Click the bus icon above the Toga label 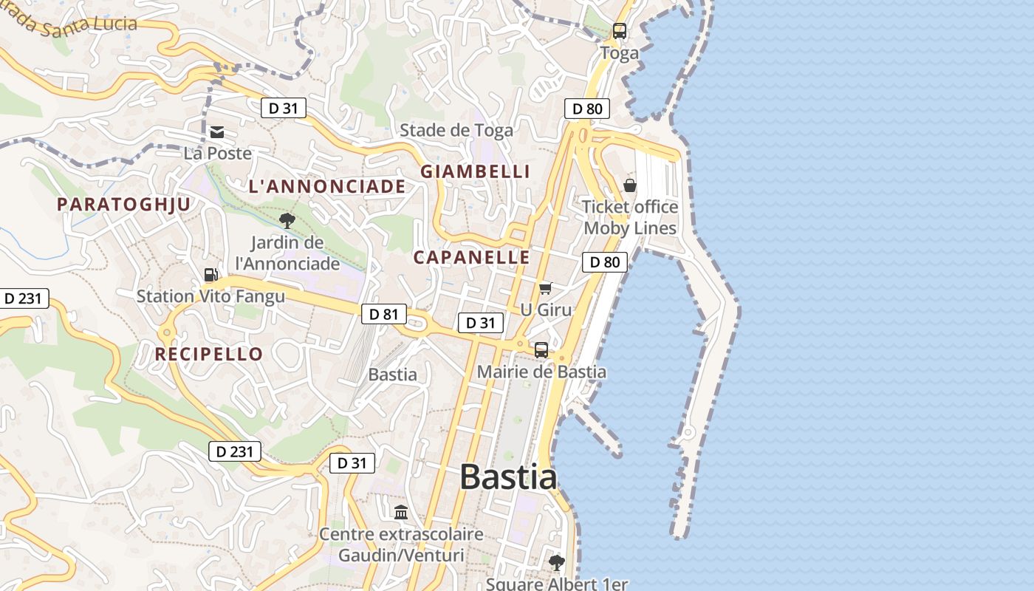pyautogui.click(x=619, y=31)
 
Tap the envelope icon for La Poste pyautogui.click(x=217, y=132)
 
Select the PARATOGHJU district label pyautogui.click(x=124, y=205)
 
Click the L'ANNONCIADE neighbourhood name pyautogui.click(x=327, y=187)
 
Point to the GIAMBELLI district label pyautogui.click(x=476, y=171)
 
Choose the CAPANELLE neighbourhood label pyautogui.click(x=471, y=257)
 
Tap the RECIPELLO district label pyautogui.click(x=209, y=354)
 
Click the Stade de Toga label pyautogui.click(x=456, y=131)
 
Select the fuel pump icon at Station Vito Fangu pyautogui.click(x=210, y=275)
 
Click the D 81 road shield pyautogui.click(x=384, y=314)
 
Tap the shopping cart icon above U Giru pyautogui.click(x=545, y=288)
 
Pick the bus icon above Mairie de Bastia pyautogui.click(x=541, y=350)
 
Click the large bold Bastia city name pyautogui.click(x=508, y=476)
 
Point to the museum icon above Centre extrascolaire pyautogui.click(x=401, y=512)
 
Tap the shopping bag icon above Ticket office pyautogui.click(x=630, y=185)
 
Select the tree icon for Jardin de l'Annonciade pyautogui.click(x=287, y=220)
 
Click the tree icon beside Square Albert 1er pyautogui.click(x=557, y=563)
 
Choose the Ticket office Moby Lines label pyautogui.click(x=630, y=217)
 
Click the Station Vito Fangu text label pyautogui.click(x=210, y=297)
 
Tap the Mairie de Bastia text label pyautogui.click(x=541, y=372)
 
